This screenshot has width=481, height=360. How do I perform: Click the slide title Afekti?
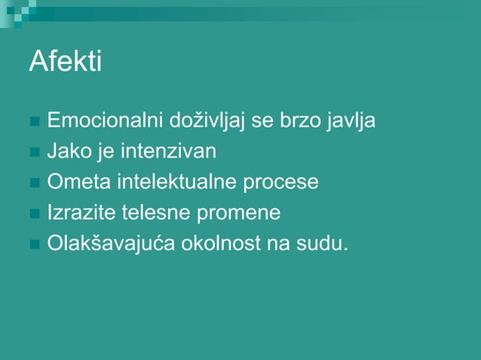(65, 62)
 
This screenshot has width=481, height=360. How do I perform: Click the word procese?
(281, 183)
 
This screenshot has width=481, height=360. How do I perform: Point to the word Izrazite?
(81, 213)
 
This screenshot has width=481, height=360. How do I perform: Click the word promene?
(238, 214)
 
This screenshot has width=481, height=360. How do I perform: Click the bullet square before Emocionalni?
(34, 122)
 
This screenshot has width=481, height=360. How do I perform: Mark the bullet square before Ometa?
(34, 184)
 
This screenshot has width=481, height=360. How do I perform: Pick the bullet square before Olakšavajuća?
(34, 246)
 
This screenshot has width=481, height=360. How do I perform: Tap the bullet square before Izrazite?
(34, 215)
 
